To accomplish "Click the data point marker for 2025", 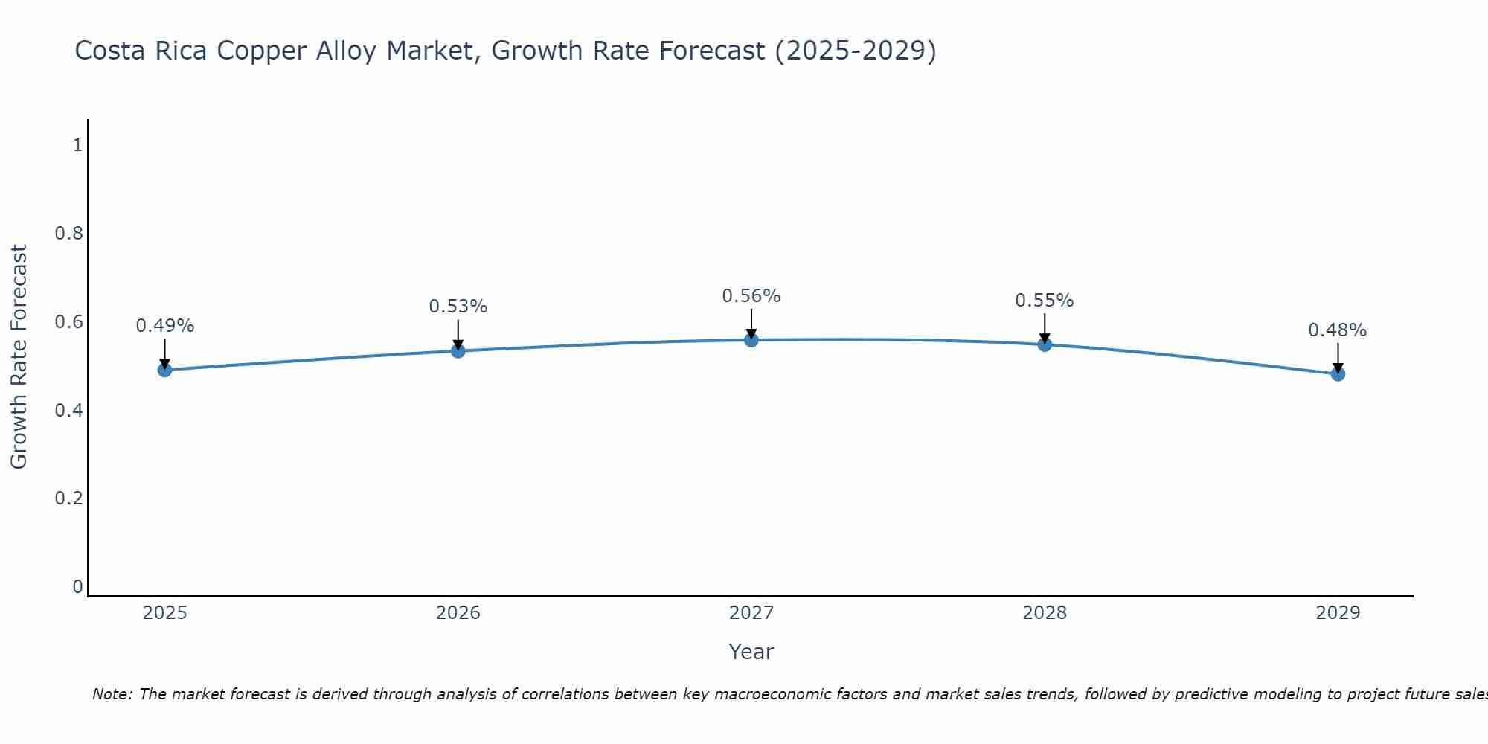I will [165, 370].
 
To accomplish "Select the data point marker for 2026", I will [458, 350].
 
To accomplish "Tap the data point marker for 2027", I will [751, 340].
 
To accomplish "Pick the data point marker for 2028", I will [1045, 344].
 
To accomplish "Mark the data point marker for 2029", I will [1338, 373].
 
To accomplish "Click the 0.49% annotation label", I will [165, 326].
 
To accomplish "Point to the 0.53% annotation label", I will [458, 307].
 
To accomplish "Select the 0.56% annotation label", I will [751, 296].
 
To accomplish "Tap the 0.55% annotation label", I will [1045, 301].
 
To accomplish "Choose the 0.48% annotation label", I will [1338, 330].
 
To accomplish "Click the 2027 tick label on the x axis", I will [751, 613].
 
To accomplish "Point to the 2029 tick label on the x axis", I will [1338, 613].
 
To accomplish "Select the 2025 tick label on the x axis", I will [165, 613].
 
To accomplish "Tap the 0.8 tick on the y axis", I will [69, 234].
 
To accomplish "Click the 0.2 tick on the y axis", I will [69, 498].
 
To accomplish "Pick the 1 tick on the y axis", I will [77, 145].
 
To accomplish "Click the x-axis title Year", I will [751, 652].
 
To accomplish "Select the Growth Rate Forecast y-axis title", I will [19, 357].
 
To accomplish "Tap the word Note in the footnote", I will [112, 694].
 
